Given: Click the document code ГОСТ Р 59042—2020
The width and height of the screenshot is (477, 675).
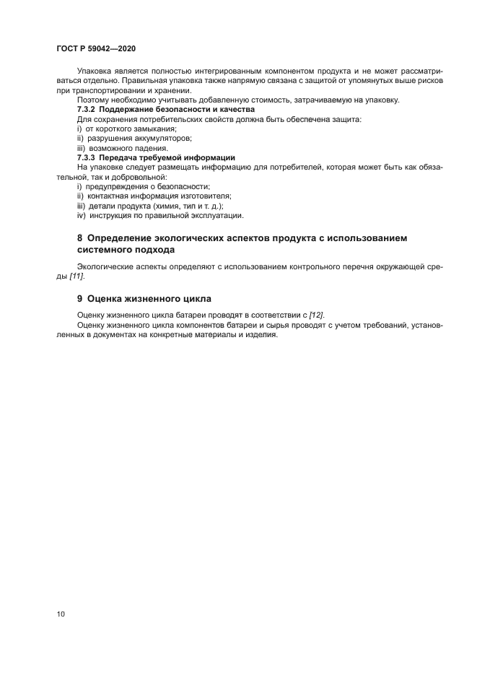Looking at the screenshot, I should pos(96,48).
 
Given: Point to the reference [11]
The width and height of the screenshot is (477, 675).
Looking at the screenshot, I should pos(76,276).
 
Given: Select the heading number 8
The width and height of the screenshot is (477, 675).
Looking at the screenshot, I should pos(80,238).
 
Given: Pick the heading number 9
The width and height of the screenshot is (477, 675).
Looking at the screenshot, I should pos(80,297).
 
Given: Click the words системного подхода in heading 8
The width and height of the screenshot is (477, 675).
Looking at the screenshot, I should pos(126,251).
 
